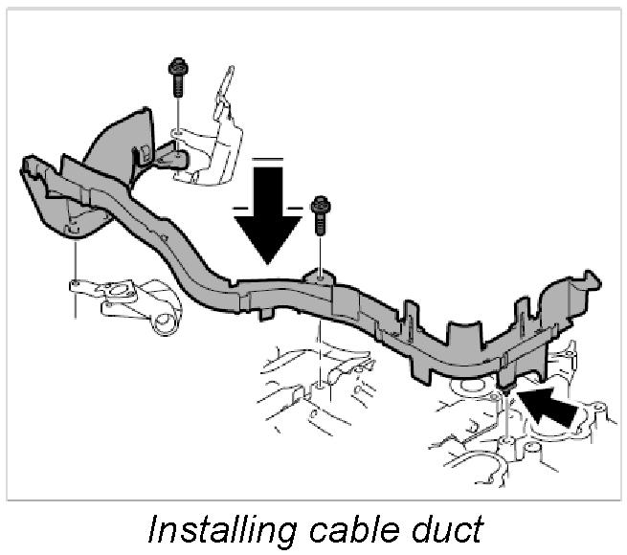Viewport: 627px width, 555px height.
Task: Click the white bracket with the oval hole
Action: pos(124,297)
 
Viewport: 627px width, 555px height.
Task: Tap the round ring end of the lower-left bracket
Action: pos(167,322)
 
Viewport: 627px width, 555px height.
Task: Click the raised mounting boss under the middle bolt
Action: pos(319,278)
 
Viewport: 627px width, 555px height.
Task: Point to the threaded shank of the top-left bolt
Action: pos(178,87)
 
